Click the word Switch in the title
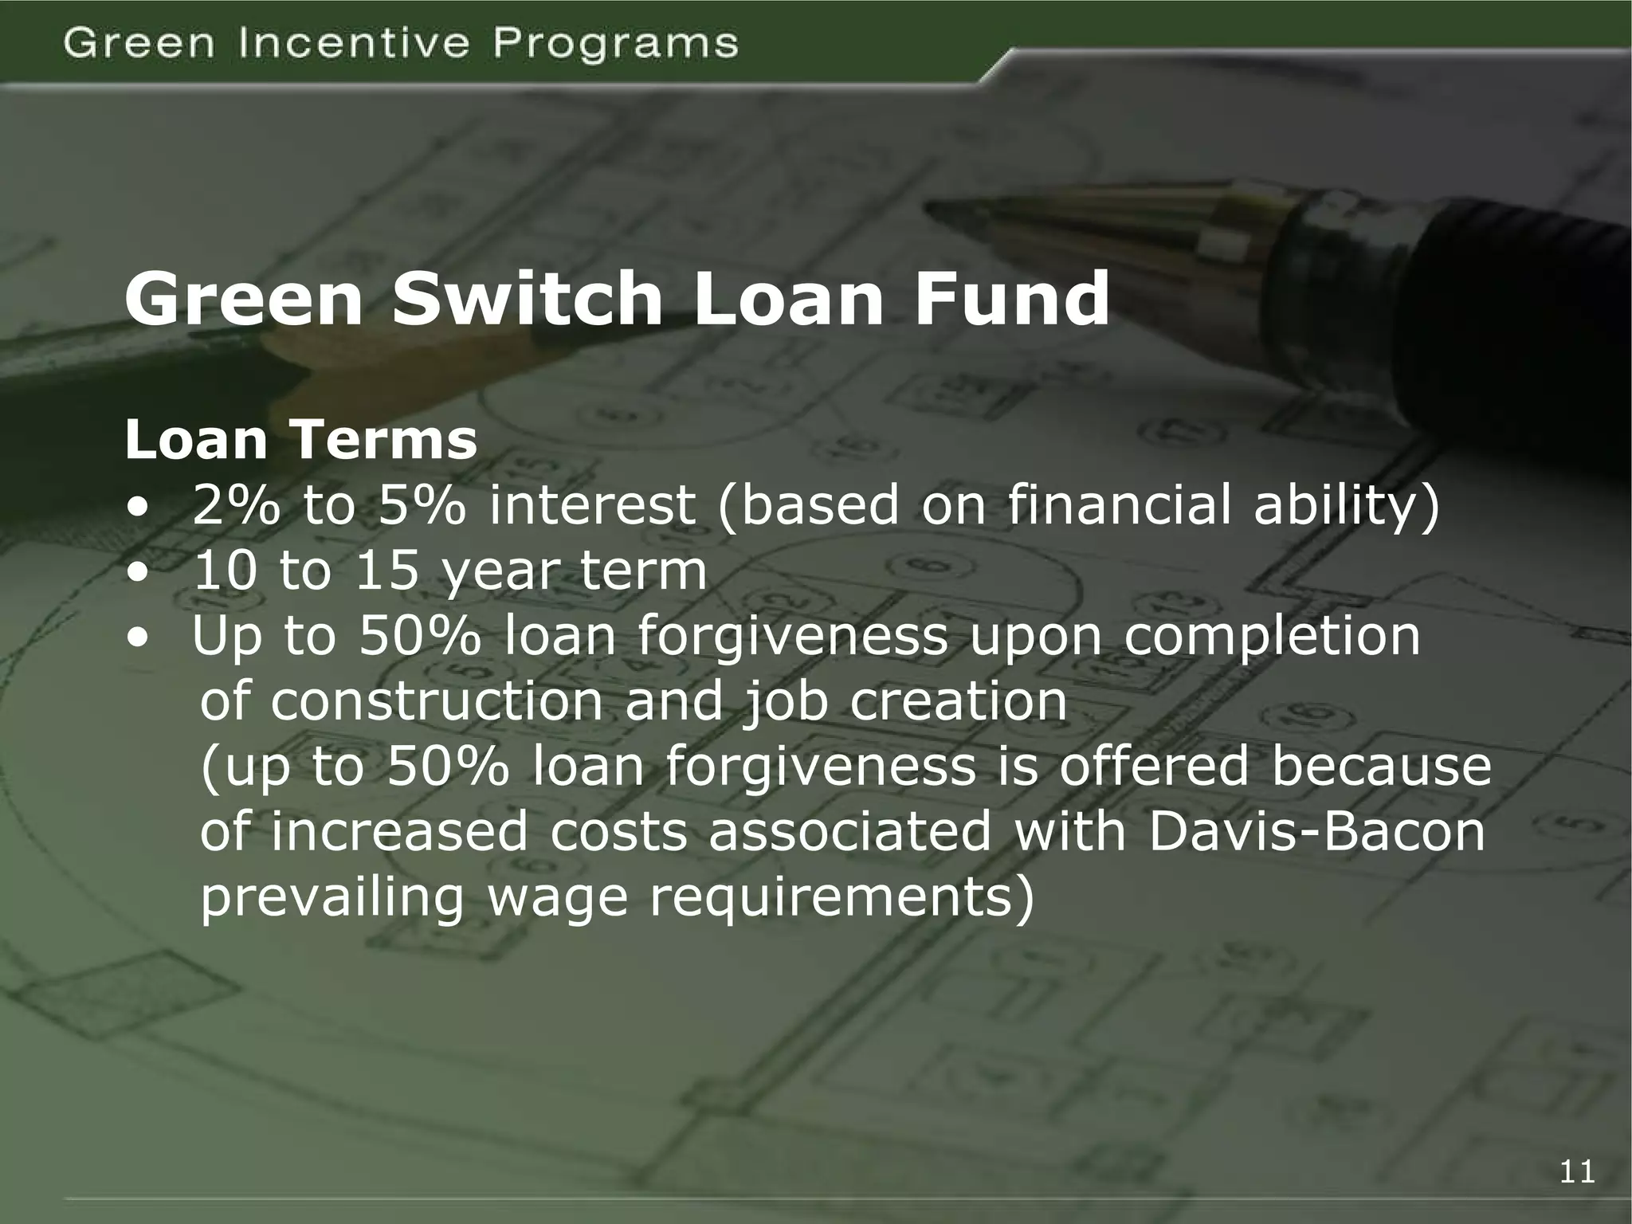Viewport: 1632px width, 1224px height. pos(527,300)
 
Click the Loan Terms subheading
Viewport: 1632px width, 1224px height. pos(301,440)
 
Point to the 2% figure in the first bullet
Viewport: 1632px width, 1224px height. pos(236,506)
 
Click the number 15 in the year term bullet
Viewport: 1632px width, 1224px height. pos(386,571)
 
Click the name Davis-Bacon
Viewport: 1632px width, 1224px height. pos(1316,831)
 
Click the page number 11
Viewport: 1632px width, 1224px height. pos(1577,1172)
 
